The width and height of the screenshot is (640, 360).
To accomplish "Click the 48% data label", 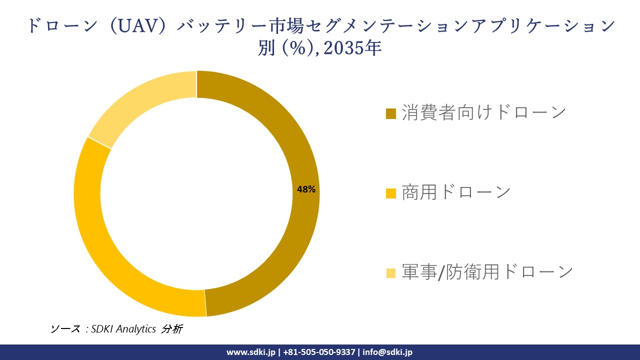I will (x=306, y=189).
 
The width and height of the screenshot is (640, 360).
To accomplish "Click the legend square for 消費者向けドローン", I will (x=391, y=113).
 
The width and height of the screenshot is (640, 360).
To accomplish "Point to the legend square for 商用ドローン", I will (x=391, y=193).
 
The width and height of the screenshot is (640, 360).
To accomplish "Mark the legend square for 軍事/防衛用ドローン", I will (x=391, y=272).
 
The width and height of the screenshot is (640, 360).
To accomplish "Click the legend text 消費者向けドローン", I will (x=484, y=112).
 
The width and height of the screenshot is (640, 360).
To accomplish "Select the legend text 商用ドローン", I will (x=456, y=192).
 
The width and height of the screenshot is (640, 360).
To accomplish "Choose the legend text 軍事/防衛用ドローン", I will (x=487, y=271).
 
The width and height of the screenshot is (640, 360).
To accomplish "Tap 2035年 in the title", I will (x=356, y=48).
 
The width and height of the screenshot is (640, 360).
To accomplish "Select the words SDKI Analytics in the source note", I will (x=124, y=329).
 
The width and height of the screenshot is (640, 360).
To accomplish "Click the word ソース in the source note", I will (x=65, y=329).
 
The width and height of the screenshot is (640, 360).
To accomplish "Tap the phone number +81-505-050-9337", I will (x=319, y=352).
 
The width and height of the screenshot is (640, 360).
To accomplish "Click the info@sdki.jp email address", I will (x=387, y=352).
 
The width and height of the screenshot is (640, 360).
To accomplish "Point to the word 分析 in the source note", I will (x=172, y=329).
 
